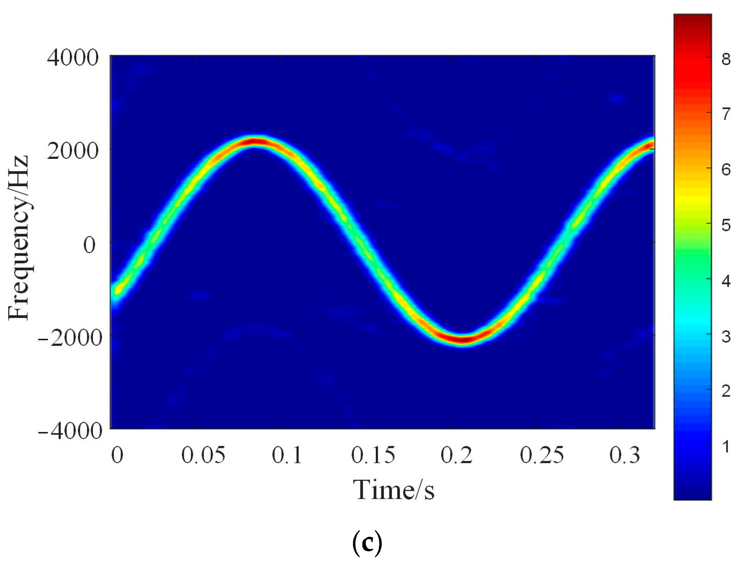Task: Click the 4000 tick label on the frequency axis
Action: click(x=73, y=58)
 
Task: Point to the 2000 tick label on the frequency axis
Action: click(x=73, y=151)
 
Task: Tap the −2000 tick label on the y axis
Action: click(x=70, y=337)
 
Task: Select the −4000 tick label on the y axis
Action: click(x=70, y=431)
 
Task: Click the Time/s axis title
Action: click(x=393, y=490)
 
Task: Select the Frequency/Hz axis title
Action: click(x=19, y=238)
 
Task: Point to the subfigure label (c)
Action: click(x=367, y=544)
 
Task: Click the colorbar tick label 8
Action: click(x=726, y=60)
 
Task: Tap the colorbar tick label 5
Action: click(x=726, y=225)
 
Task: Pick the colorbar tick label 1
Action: click(x=726, y=447)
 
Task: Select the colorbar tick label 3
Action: click(x=726, y=336)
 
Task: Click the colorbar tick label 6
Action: click(x=726, y=170)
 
